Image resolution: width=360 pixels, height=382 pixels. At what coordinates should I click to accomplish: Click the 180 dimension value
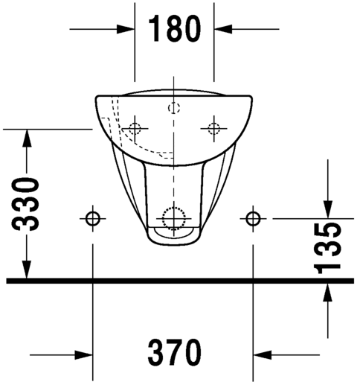(174, 29)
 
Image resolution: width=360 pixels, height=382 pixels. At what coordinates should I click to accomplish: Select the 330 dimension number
(27, 205)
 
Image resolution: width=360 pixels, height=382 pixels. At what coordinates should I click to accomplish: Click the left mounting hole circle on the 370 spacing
(92, 218)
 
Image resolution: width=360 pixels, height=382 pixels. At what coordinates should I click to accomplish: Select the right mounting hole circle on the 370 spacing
(254, 218)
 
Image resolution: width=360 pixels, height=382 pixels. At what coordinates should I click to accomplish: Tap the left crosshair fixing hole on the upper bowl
(135, 127)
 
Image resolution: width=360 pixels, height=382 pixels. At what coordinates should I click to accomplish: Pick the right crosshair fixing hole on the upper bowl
(213, 127)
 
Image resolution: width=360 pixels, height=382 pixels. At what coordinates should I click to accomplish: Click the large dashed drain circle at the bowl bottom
(173, 217)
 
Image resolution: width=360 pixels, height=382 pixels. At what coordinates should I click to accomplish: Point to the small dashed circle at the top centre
(174, 107)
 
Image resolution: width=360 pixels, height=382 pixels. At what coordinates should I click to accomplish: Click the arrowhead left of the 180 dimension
(126, 29)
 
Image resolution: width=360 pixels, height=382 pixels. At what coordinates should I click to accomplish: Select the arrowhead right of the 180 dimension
(222, 29)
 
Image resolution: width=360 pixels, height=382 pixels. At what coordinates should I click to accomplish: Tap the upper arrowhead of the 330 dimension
(27, 139)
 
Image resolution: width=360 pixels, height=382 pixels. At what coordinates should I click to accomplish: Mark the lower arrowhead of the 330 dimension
(27, 271)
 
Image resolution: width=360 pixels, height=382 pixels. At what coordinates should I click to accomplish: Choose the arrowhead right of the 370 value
(263, 354)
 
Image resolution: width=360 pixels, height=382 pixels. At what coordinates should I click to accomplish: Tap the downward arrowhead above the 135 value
(329, 209)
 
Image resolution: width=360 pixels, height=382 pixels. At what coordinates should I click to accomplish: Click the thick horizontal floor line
(179, 281)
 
